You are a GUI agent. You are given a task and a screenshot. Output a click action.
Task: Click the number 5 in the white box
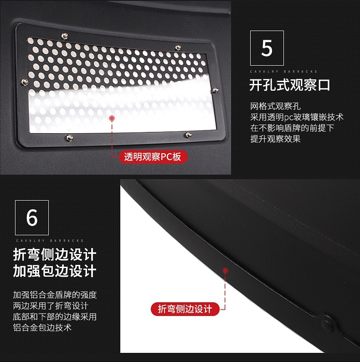click(267, 48)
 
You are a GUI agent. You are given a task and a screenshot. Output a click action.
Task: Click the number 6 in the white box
click(32, 218)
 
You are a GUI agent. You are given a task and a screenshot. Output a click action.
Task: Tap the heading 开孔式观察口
click(289, 85)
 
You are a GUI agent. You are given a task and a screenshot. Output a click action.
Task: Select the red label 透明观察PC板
click(153, 157)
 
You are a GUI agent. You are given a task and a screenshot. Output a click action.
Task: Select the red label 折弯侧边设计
click(185, 309)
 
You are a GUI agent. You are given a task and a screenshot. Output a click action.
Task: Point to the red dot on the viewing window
click(112, 118)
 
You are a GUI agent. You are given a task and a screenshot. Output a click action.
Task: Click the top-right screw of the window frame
click(178, 47)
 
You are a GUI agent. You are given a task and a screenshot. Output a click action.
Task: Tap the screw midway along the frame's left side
click(25, 82)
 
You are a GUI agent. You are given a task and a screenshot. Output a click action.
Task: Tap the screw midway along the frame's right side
click(212, 90)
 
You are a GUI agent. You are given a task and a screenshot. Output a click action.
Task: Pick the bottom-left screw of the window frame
click(69, 138)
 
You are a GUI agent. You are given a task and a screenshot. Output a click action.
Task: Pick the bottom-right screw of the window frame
click(188, 134)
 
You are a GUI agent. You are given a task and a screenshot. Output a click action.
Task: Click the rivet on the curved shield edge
click(327, 325)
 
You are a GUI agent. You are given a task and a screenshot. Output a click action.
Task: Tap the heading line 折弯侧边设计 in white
click(55, 254)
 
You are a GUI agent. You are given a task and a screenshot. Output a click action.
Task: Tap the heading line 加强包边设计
click(55, 271)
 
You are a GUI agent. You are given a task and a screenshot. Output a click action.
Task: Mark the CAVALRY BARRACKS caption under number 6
click(50, 240)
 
